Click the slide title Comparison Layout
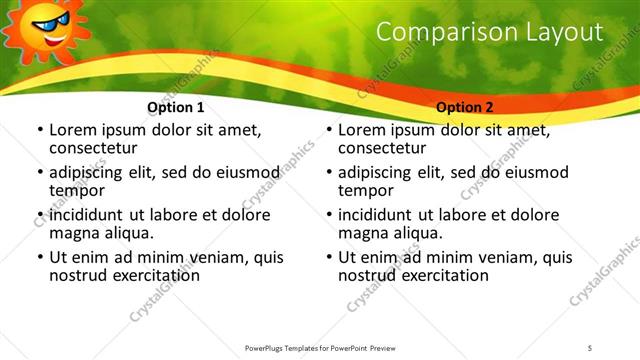489,32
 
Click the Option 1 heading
176,107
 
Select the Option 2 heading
465,107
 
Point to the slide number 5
590,347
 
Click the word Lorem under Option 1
73,130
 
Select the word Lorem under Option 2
362,130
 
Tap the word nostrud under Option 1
79,275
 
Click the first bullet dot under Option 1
39,131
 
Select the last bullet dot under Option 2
328,257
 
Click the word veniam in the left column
190,256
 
